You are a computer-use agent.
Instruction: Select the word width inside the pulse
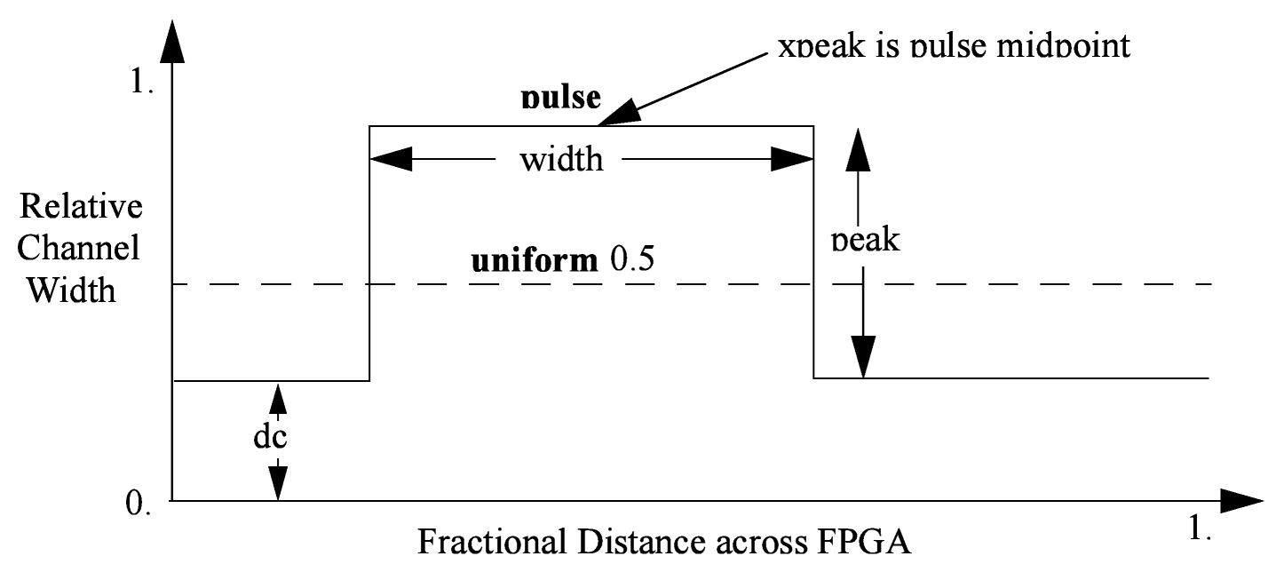[561, 160]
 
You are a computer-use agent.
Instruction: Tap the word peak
[865, 239]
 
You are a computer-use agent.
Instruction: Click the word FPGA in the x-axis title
[860, 541]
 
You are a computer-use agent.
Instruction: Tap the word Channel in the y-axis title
[80, 249]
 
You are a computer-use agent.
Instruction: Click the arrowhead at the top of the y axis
[173, 40]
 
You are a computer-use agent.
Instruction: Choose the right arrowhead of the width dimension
[792, 160]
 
